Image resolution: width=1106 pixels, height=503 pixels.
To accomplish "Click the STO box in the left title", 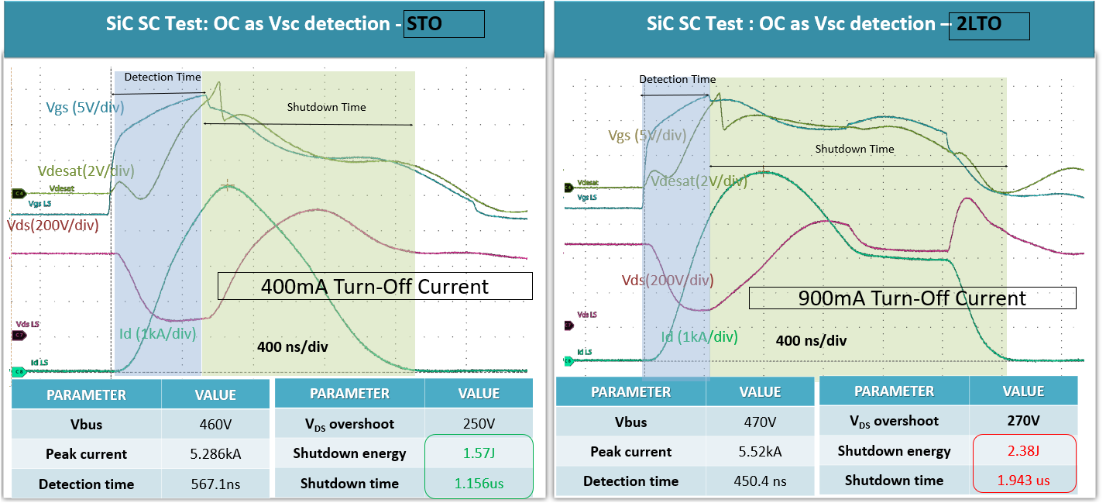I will point(444,24).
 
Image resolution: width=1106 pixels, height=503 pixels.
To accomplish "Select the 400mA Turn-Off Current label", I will point(375,286).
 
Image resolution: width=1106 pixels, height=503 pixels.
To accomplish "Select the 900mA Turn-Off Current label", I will point(912,298).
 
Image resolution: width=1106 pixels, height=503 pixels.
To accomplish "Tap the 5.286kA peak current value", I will point(215,454).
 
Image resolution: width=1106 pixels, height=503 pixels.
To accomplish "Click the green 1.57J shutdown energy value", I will point(479,453).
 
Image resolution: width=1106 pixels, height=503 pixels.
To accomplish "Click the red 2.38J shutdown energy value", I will point(1024,451).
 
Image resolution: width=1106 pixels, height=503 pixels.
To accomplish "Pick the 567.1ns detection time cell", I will point(215,484).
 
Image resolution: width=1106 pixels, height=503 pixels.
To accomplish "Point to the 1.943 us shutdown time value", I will point(1024,481).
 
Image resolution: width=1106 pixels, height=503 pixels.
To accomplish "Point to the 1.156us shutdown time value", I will point(479,484).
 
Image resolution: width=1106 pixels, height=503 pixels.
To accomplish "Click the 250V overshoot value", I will point(479,424).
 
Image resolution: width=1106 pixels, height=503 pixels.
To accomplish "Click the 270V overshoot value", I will point(1024,421).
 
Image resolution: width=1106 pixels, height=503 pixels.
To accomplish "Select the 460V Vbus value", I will point(215,424).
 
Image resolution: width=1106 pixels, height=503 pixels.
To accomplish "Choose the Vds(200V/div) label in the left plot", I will point(53,226).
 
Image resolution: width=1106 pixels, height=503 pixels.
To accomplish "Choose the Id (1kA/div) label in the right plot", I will point(699,337).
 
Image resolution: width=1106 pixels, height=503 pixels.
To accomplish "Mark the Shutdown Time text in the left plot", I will point(326,107).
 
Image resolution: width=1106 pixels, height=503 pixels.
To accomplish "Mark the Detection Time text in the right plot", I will point(677,79).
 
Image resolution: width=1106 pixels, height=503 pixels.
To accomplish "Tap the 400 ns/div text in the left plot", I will point(292,346).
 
